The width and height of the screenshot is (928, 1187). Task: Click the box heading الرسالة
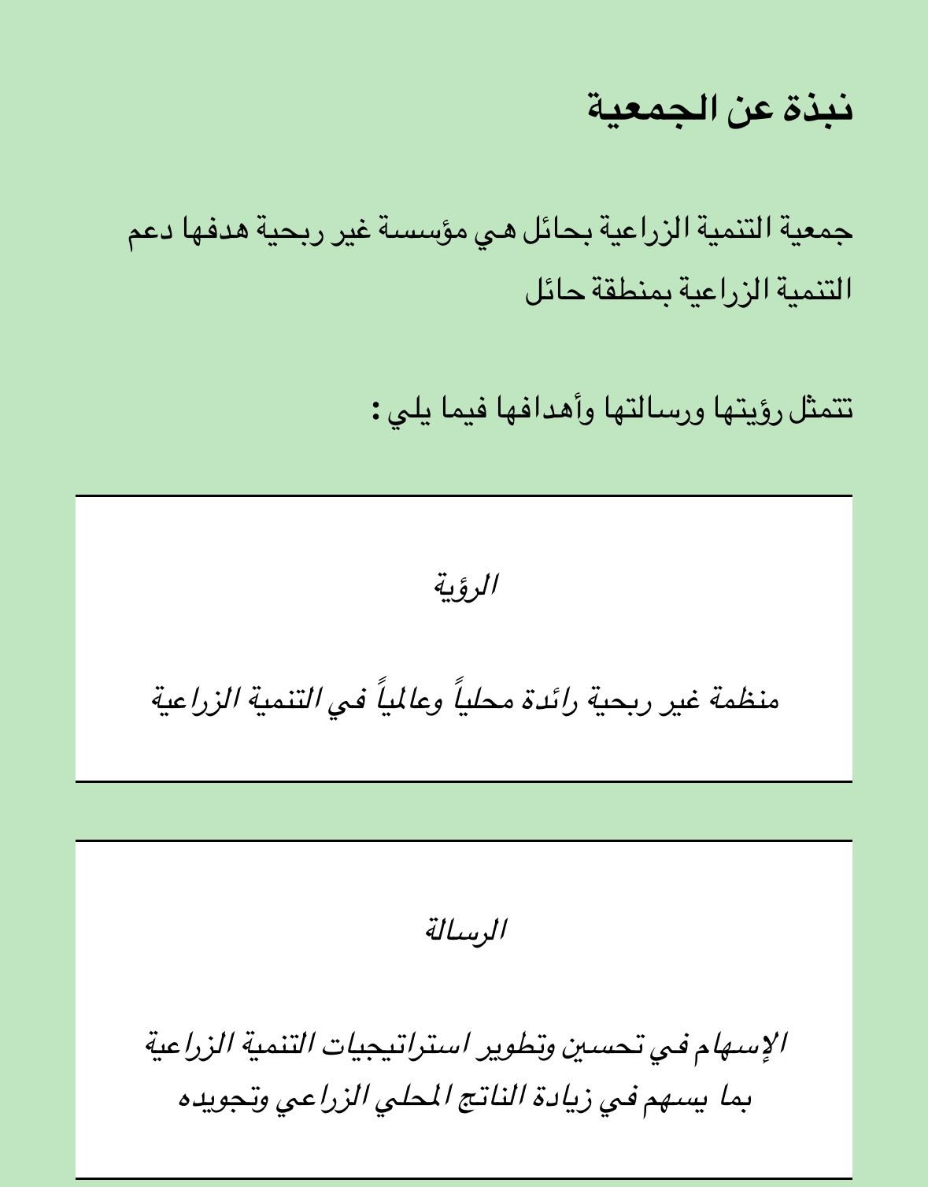click(465, 931)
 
